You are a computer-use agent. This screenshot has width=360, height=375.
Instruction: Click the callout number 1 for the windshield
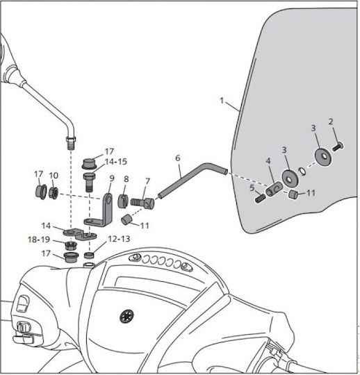pos(222,101)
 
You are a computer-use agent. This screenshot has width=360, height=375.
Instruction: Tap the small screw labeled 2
pos(338,146)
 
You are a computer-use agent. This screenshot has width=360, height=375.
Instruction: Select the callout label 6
pos(178,158)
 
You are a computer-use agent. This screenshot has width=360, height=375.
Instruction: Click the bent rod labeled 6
pos(193,180)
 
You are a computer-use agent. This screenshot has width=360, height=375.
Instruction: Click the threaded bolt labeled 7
pos(142,203)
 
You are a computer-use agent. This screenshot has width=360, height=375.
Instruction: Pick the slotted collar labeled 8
pos(123,201)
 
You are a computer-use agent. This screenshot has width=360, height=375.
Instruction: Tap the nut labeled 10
pos(54,192)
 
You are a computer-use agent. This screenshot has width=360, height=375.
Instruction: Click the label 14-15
pos(115,162)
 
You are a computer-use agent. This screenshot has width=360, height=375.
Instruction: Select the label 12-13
pos(119,239)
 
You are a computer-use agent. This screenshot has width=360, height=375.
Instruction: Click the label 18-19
pos(39,240)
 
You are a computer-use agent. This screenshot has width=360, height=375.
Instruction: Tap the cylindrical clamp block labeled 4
pos(274,189)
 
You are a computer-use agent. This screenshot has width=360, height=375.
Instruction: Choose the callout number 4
pos(268,160)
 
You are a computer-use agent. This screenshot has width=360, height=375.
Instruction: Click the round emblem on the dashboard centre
pos(126,316)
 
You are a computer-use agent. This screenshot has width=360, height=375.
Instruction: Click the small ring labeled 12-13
pos(89,255)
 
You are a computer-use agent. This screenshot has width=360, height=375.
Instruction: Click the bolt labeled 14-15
pos(89,182)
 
